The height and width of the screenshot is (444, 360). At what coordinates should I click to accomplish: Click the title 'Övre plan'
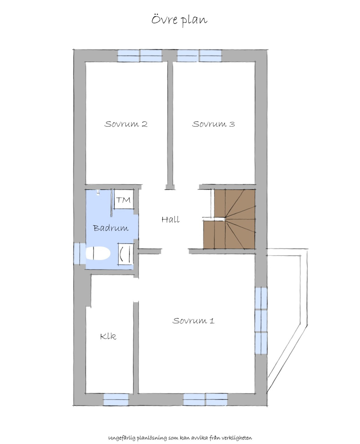[x=179, y=20]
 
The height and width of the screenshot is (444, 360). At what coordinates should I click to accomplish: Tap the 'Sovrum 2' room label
[x=126, y=124]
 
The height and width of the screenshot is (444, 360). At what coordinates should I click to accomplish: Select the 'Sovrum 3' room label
[x=213, y=124]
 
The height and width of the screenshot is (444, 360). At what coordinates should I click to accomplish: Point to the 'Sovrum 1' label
[x=193, y=320]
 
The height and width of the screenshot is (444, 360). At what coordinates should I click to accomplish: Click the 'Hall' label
[x=170, y=219]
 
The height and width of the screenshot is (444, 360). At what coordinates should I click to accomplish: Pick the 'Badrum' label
[x=110, y=228]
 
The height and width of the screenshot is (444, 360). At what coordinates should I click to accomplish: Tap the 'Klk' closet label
[x=108, y=336]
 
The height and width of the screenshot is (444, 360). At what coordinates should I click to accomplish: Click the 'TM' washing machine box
[x=124, y=199]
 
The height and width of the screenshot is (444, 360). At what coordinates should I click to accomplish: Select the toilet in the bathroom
[x=98, y=253]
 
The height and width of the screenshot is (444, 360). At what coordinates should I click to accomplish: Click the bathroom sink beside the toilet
[x=126, y=254]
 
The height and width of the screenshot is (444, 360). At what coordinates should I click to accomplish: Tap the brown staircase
[x=229, y=219]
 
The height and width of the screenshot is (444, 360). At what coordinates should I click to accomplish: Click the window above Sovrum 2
[x=140, y=56]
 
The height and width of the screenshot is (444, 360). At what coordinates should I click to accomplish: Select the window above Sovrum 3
[x=199, y=56]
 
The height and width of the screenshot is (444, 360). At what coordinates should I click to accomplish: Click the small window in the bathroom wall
[x=80, y=254]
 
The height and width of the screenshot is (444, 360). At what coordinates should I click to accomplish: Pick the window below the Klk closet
[x=116, y=399]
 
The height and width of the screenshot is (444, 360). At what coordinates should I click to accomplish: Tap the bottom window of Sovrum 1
[x=205, y=399]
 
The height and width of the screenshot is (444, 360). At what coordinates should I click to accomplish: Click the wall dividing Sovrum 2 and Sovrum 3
[x=170, y=125]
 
